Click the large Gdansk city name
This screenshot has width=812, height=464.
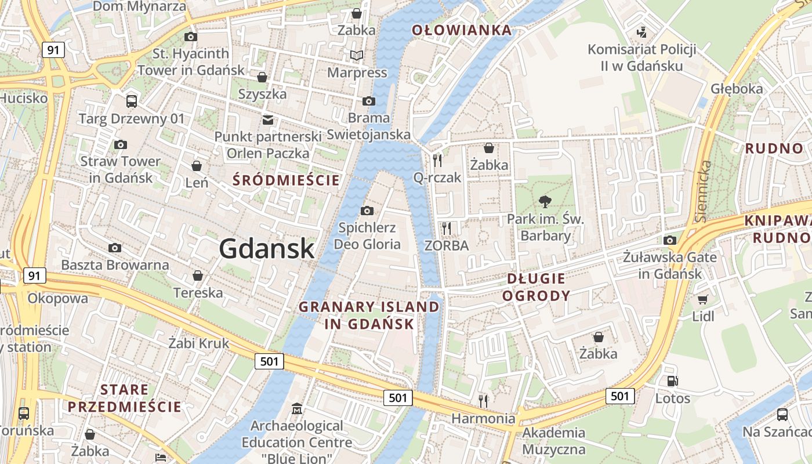[x=267, y=249]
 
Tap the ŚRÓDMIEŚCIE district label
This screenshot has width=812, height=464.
[x=286, y=180]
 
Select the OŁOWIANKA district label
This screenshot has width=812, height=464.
[x=462, y=30]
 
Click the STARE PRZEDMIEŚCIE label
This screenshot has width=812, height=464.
[x=124, y=398]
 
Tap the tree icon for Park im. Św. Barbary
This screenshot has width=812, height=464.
[x=545, y=202]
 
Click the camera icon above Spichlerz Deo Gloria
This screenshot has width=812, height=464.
[x=367, y=211]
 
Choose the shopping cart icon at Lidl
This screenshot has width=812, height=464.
[x=703, y=299]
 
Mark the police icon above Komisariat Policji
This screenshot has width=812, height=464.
[x=641, y=32]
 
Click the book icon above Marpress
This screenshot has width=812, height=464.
[x=357, y=56]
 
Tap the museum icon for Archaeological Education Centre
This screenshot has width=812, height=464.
[x=297, y=408]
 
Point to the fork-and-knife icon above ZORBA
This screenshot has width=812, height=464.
[x=446, y=228]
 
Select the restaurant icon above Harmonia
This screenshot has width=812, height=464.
[x=483, y=401]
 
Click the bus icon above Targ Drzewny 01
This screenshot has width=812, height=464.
[x=132, y=101]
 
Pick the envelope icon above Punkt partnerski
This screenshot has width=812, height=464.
[x=267, y=120]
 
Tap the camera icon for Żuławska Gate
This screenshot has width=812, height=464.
[x=670, y=240]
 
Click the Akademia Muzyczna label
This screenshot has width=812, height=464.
[x=554, y=441]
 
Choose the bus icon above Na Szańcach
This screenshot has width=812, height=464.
[x=782, y=415]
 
